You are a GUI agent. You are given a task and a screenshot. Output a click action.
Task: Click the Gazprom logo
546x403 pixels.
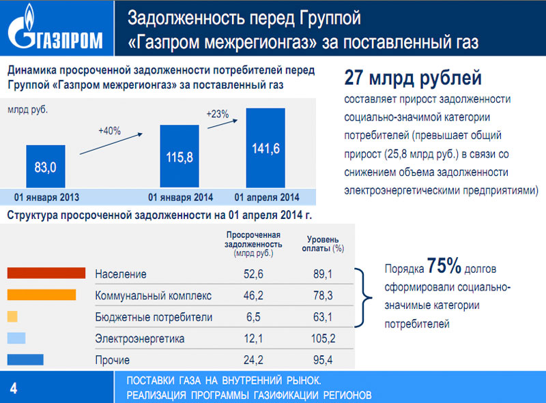56,29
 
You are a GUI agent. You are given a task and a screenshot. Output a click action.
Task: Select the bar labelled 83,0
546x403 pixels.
46,165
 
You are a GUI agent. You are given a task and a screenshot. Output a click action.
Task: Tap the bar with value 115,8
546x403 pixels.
180,157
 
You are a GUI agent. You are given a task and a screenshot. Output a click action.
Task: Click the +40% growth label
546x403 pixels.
109,131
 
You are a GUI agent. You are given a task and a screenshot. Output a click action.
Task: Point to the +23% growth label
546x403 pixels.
217,114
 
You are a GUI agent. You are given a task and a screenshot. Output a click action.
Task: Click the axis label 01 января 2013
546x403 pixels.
46,198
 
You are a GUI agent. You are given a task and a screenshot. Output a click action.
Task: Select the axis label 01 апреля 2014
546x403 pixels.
267,198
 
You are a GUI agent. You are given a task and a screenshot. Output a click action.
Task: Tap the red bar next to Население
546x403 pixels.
46,273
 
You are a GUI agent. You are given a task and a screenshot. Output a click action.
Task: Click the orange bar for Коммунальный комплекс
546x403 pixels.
41,295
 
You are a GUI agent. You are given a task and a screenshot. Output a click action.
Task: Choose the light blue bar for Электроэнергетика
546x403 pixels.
16,338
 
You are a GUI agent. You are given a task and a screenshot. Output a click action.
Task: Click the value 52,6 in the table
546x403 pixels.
253,274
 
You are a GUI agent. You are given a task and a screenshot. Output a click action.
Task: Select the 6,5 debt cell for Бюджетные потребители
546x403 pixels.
253,317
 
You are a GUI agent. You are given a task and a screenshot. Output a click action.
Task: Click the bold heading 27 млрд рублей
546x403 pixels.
413,78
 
